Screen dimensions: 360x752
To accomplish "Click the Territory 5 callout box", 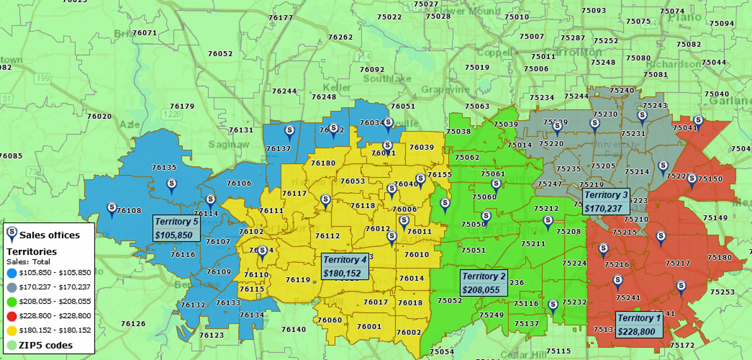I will coord(176,228).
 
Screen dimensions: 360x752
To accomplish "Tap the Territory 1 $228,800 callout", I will coord(639,325).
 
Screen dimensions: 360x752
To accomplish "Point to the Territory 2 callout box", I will coord(484,283).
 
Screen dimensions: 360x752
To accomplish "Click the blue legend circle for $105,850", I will coord(12,273).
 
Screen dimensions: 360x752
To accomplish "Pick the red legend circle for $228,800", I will coord(12,316).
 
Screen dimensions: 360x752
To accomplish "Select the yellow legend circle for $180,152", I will coord(12,330).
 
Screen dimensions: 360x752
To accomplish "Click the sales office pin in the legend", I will coord(12,234).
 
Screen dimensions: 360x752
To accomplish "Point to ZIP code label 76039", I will coord(422,147).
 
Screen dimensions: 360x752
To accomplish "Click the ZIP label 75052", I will coord(450,300).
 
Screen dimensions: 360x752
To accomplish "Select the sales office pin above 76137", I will coord(289,132).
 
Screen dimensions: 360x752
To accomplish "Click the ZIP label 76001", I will coord(369,326).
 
